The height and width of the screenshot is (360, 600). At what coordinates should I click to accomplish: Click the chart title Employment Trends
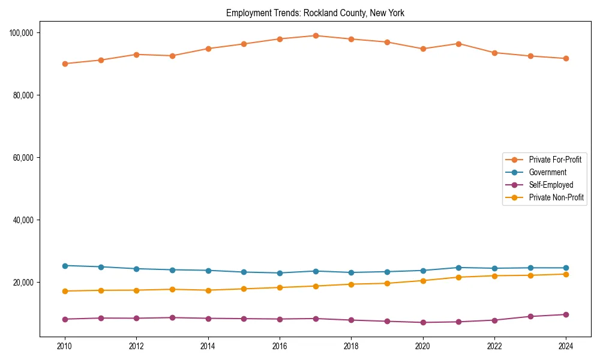click(315, 13)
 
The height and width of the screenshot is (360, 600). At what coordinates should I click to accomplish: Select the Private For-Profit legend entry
click(555, 160)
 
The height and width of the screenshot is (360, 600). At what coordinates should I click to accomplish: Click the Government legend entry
click(547, 172)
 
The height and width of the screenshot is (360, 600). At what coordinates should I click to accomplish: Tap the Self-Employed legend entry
click(551, 185)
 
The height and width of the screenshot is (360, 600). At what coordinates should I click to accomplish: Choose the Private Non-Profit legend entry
click(556, 197)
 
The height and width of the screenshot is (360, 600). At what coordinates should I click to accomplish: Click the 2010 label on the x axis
click(65, 346)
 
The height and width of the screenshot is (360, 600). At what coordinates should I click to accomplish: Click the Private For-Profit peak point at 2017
click(316, 35)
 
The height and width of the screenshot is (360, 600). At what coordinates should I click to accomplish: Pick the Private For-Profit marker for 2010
click(65, 64)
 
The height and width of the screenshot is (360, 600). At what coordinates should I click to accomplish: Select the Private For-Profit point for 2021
click(458, 44)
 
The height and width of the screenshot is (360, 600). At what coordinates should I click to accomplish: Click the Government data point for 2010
click(65, 266)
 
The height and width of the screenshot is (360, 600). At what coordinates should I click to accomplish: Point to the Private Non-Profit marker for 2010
click(65, 291)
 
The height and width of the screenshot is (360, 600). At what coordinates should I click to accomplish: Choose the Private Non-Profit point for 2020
click(423, 281)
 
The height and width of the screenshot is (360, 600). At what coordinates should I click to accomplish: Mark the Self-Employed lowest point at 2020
click(423, 322)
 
